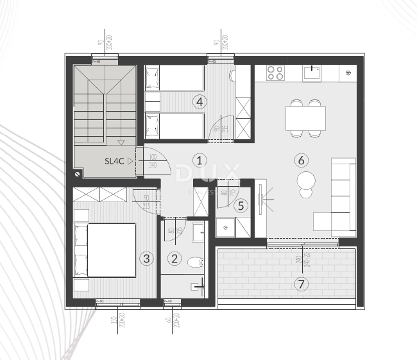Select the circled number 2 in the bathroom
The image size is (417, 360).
174,259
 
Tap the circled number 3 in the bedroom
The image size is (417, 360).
147,259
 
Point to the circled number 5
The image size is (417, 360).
240,206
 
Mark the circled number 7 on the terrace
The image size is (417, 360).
302,283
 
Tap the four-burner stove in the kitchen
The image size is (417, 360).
276,73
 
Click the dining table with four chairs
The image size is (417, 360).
306,118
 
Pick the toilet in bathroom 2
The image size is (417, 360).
196,262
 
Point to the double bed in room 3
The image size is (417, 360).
111,249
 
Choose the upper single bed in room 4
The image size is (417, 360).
174,79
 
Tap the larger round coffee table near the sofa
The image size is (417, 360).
307,179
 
